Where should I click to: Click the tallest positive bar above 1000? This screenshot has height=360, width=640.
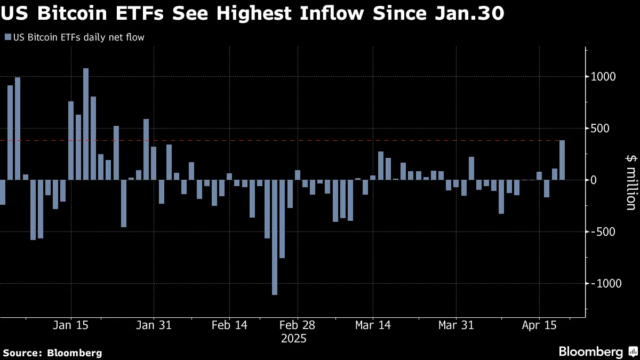pyautogui.click(x=86, y=124)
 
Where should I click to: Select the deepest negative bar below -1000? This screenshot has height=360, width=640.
pyautogui.click(x=275, y=237)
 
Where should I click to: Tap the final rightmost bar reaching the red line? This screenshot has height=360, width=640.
pyautogui.click(x=562, y=160)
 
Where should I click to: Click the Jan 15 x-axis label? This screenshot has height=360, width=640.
pyautogui.click(x=71, y=325)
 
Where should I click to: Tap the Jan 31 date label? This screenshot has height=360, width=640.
pyautogui.click(x=154, y=325)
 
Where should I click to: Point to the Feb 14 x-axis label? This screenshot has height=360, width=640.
pyautogui.click(x=229, y=325)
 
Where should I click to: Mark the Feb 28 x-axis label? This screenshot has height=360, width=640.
pyautogui.click(x=298, y=325)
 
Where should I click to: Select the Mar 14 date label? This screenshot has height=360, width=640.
pyautogui.click(x=373, y=325)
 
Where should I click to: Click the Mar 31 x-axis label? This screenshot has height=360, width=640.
pyautogui.click(x=456, y=325)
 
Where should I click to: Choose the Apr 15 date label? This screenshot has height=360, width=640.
pyautogui.click(x=539, y=325)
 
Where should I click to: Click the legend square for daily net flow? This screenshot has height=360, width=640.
pyautogui.click(x=7, y=37)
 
